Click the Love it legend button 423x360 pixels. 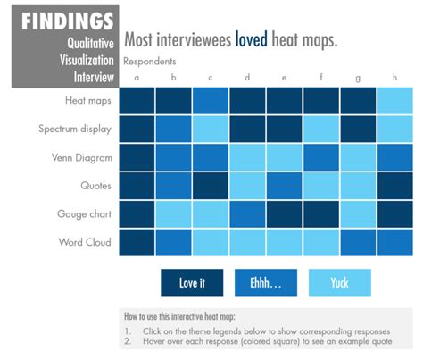pos(192,282)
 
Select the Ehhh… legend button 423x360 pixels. pos(266,282)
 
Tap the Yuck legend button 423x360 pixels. pos(339,282)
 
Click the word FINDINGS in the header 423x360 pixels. pos(68,21)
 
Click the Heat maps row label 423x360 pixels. pos(87,101)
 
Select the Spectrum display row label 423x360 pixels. pos(75,129)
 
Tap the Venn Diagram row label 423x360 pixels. pos(81,157)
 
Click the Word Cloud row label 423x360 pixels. pos(85,242)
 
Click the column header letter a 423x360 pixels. pos(137,78)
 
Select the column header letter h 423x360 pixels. pos(394,78)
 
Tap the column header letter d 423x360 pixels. pos(247,78)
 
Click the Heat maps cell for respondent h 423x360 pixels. pos(394,101)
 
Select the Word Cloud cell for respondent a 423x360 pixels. pos(137,242)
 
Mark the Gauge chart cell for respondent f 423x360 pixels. pos(321,213)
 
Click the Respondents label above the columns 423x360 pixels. pos(149,62)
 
